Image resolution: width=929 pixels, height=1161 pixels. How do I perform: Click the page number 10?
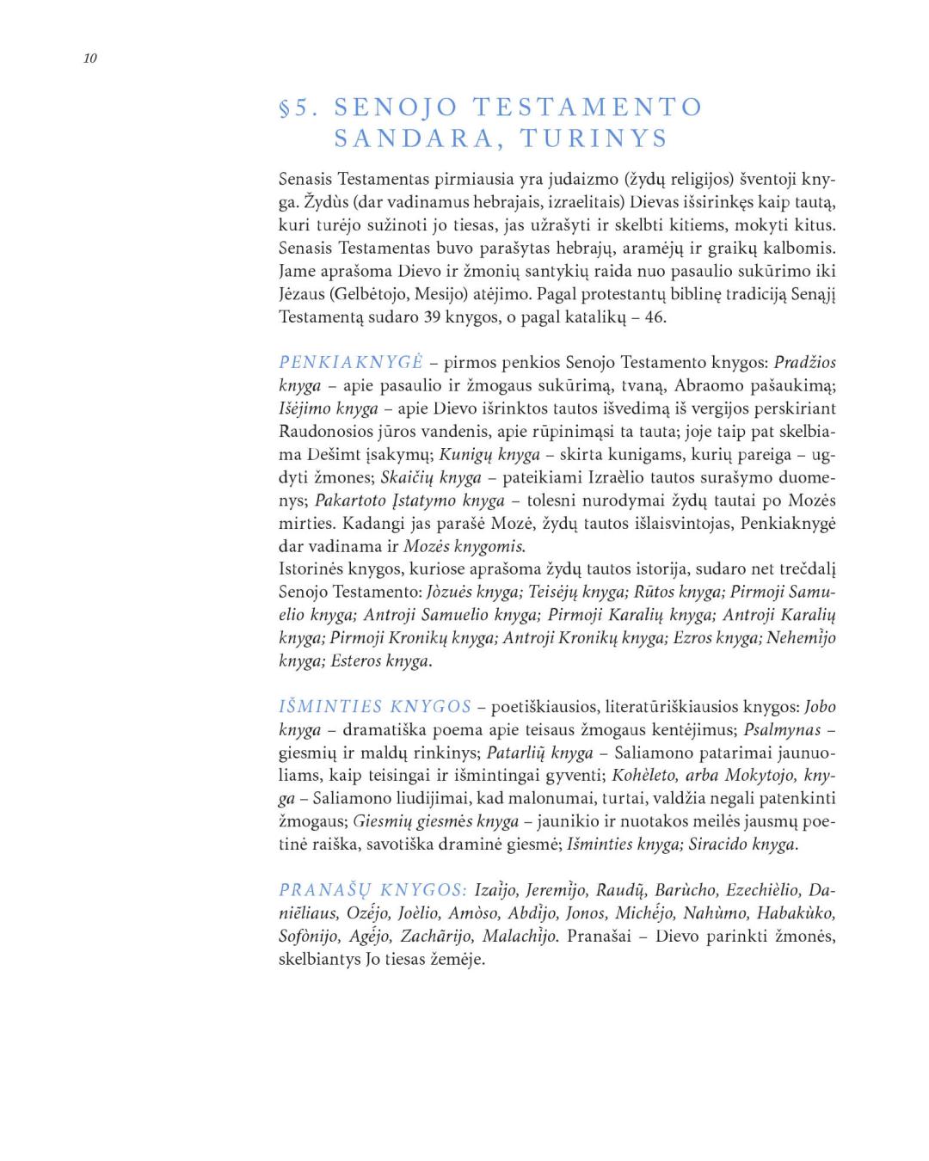[x=90, y=58]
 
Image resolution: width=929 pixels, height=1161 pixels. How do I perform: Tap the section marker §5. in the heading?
[x=299, y=107]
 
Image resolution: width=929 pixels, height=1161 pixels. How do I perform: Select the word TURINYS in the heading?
[x=594, y=138]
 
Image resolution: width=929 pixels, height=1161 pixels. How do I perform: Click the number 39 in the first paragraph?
[x=434, y=316]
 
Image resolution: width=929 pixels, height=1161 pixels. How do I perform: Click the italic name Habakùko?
[x=796, y=912]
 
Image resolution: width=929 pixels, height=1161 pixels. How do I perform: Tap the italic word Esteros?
[x=355, y=660]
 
